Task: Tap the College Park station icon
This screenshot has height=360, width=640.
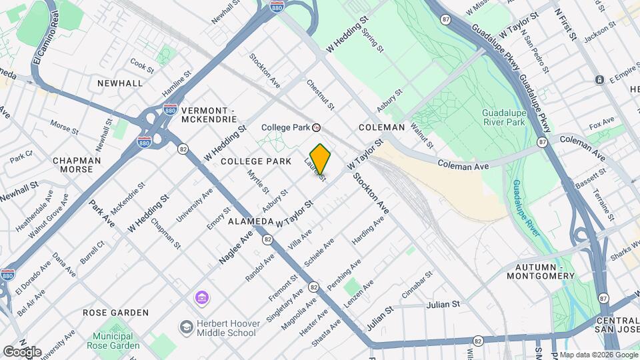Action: pos(317,127)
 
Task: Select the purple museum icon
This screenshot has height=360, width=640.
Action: pos(201,297)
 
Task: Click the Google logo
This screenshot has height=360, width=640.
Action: pos(21,352)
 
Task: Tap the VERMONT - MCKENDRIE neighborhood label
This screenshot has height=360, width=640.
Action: pos(209,114)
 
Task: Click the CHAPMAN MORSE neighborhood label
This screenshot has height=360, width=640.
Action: pos(77,165)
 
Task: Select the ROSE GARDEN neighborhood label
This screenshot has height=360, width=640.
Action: pos(115,312)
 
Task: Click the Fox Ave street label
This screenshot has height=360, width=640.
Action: pos(601,124)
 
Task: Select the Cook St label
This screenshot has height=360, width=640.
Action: pos(142,65)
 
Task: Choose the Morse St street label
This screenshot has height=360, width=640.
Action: pos(64,126)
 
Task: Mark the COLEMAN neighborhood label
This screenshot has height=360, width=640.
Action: pos(381,127)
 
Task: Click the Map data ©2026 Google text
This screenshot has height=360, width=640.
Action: pos(598,355)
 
